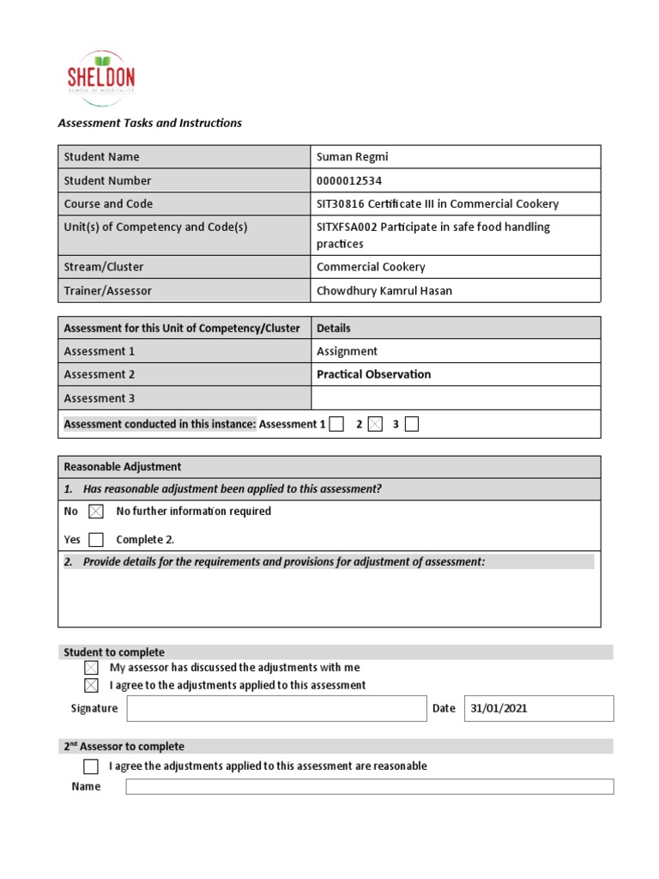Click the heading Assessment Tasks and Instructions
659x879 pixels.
point(149,123)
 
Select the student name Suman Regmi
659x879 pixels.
point(352,157)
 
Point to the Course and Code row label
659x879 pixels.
point(108,204)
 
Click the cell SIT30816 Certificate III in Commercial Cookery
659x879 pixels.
point(438,204)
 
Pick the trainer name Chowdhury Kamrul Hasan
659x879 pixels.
point(384,291)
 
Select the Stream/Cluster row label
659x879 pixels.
point(104,267)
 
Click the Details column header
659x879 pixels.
point(333,328)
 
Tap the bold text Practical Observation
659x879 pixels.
point(373,374)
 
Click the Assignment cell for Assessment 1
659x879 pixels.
point(347,351)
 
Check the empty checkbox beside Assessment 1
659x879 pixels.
point(336,424)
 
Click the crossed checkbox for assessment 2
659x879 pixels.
point(375,424)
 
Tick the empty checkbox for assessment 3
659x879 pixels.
point(412,424)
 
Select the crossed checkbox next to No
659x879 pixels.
point(95,512)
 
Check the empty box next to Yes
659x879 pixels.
point(95,540)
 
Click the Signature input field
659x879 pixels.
point(275,708)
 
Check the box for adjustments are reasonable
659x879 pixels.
point(91,766)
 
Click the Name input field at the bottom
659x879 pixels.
point(369,786)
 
